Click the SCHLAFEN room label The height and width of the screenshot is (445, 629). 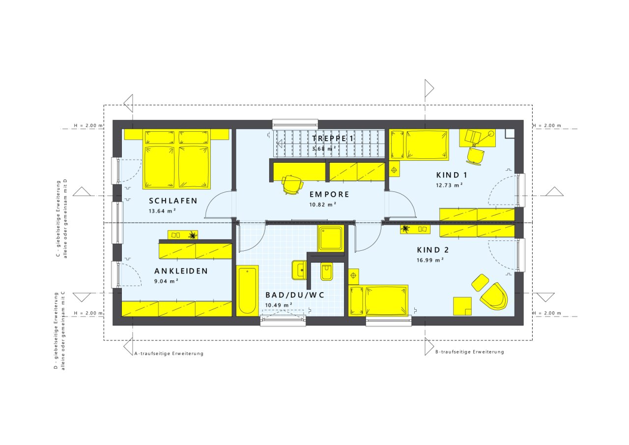(173, 201)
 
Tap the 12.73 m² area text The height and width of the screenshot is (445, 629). (449, 185)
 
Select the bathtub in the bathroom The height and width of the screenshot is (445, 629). (247, 291)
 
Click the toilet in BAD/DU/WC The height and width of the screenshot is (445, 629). (327, 271)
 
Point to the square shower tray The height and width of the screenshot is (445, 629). (331, 238)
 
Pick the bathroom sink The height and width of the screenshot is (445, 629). (299, 270)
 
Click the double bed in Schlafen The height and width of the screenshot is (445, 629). (176, 159)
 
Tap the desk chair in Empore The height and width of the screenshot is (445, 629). (292, 184)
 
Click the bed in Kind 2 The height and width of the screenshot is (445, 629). (378, 300)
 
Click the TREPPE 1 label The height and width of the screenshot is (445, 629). (333, 138)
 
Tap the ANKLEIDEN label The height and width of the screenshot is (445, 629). (181, 271)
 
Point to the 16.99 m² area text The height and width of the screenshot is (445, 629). (430, 260)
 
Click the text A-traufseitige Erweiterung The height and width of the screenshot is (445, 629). (169, 354)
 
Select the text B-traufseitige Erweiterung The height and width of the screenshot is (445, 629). (469, 352)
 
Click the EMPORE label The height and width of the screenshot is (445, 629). (329, 194)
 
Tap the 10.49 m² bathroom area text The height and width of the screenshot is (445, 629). (279, 305)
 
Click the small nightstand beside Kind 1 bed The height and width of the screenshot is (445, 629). (394, 169)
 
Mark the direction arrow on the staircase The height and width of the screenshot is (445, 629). (280, 144)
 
